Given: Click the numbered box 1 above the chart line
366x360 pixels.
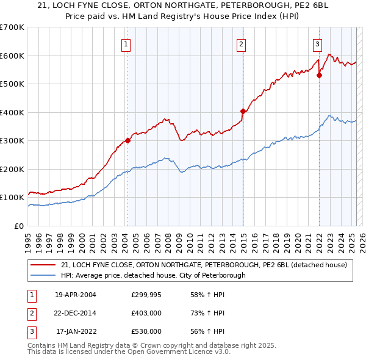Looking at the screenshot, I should (x=125, y=43).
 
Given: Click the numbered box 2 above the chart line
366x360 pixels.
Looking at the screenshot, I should (x=242, y=43).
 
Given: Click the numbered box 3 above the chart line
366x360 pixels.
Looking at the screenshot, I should (x=318, y=43).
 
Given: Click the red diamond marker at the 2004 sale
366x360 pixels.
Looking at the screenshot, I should (x=127, y=140).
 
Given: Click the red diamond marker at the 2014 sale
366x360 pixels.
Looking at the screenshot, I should (x=243, y=111).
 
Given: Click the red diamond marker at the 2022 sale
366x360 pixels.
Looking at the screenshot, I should (x=319, y=76).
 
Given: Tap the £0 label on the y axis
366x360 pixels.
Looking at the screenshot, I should (x=19, y=226).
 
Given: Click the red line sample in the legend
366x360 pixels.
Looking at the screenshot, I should (x=44, y=265).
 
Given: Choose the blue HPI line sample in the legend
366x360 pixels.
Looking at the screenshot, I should (x=44, y=275).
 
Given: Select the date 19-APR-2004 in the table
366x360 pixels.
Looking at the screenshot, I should (x=76, y=295).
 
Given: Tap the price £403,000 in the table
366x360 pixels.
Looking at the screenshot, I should (x=146, y=313).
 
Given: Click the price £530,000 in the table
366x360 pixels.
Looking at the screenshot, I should (x=146, y=331).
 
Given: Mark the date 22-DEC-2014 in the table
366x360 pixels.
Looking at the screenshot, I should (x=76, y=313).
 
